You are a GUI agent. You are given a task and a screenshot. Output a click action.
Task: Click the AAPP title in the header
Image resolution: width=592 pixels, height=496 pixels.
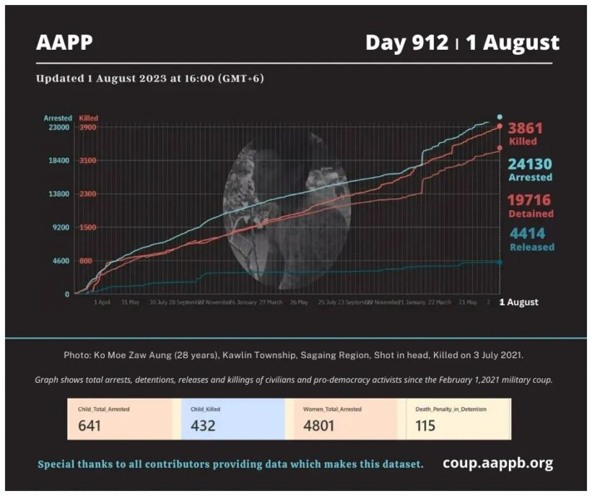[x=64, y=43]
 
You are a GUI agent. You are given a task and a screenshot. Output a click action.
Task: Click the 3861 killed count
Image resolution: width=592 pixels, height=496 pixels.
[x=525, y=129]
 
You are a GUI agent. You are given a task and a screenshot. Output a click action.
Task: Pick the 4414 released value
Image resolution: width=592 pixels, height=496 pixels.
[x=527, y=234]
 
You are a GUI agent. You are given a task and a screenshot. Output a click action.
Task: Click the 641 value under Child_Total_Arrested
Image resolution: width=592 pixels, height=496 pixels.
[x=89, y=425]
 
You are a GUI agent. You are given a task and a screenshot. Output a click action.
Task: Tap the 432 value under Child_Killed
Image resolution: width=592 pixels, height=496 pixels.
[x=203, y=425]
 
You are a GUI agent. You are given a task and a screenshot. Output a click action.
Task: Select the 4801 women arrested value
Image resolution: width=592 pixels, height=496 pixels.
[x=318, y=425]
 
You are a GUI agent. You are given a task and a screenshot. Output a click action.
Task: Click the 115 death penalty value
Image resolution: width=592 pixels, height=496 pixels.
[x=425, y=425]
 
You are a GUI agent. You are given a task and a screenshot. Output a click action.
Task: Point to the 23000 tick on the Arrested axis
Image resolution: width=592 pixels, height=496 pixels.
[x=58, y=128]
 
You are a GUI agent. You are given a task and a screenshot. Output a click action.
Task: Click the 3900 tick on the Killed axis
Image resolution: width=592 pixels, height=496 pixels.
[x=89, y=128]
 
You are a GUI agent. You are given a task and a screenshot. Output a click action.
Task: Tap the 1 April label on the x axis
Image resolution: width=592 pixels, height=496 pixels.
[x=102, y=303]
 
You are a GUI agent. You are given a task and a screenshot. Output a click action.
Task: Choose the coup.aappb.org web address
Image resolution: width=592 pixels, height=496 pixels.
[x=498, y=463]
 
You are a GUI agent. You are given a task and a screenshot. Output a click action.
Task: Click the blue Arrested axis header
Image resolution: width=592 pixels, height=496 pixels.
[x=58, y=118]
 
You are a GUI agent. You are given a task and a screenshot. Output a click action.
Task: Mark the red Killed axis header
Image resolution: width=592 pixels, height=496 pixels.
[x=89, y=118]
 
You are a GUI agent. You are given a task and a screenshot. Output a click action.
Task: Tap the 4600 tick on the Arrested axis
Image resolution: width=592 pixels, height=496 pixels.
[x=60, y=261]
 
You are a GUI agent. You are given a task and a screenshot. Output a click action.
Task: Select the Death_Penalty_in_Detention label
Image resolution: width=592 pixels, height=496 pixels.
[x=450, y=409]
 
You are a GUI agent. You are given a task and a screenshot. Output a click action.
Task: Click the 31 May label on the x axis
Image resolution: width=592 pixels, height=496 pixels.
[x=130, y=303]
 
